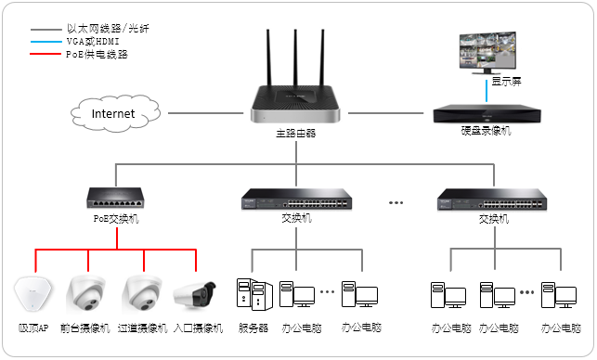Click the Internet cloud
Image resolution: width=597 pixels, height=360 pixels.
tap(115, 113)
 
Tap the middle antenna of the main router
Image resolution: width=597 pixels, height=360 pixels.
tap(295, 58)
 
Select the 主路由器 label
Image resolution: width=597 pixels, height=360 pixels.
tap(296, 134)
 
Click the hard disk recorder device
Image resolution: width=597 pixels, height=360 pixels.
tap(487, 114)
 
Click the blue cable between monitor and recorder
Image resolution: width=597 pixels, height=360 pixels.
tap(487, 91)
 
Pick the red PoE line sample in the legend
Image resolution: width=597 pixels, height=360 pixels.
tap(45, 54)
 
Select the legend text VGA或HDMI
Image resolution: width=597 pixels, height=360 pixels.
tap(93, 41)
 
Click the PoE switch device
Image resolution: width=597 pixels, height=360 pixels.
tap(116, 198)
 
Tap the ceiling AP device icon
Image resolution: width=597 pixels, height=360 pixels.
tap(32, 294)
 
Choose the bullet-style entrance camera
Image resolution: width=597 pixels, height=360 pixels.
tap(195, 295)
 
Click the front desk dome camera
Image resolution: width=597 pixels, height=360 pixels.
tap(86, 294)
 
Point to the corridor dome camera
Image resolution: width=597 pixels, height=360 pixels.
tap(142, 294)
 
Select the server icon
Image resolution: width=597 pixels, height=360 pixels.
tap(254, 294)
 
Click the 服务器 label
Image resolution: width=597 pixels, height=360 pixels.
tap(253, 328)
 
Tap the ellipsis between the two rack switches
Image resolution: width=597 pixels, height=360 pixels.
tap(396, 203)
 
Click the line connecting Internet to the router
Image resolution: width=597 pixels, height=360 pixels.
tap(205, 113)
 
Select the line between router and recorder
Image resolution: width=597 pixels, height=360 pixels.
tap(385, 113)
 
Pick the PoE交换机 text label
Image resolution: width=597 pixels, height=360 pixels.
tap(116, 219)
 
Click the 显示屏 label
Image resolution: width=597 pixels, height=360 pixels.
tap(506, 81)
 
